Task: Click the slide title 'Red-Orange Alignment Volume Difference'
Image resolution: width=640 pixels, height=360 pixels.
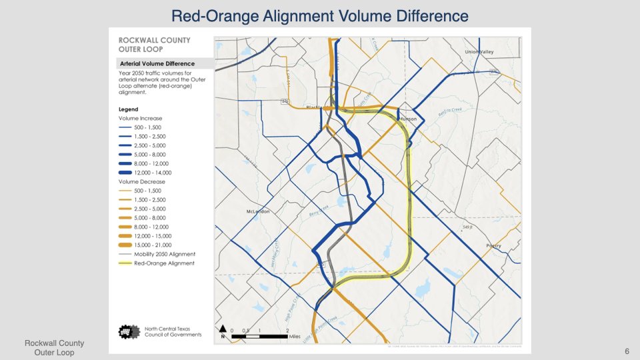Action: click(x=320, y=15)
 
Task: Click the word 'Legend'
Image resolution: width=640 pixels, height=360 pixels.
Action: click(x=128, y=109)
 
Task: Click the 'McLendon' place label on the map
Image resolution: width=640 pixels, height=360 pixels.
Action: click(x=256, y=211)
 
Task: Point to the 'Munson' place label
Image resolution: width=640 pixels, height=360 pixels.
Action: click(x=407, y=119)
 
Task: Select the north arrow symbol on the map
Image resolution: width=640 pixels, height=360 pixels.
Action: click(x=222, y=331)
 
